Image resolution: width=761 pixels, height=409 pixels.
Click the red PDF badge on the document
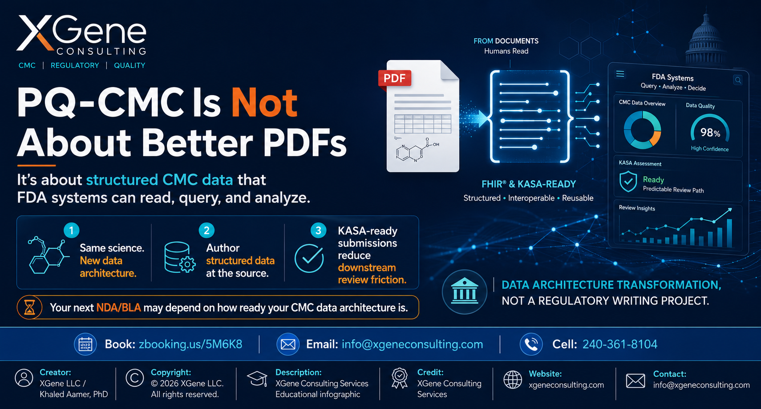(x=394, y=78)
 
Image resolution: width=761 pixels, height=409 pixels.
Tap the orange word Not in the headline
(x=264, y=103)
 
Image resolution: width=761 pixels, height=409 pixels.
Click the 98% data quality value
(x=710, y=132)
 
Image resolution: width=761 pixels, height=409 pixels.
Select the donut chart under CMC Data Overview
(x=642, y=130)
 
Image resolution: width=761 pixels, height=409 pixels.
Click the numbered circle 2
(x=206, y=231)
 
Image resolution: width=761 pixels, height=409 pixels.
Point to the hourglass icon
(x=29, y=308)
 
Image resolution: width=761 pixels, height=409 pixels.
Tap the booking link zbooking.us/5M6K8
(x=190, y=344)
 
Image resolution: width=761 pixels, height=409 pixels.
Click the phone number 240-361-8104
(x=619, y=344)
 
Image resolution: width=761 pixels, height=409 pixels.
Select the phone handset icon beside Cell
(x=531, y=344)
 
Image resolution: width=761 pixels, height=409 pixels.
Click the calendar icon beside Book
(x=85, y=344)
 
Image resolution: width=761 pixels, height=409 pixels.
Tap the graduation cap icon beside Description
(x=257, y=379)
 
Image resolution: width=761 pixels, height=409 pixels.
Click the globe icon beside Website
(x=513, y=380)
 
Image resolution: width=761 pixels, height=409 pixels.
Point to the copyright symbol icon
(x=134, y=378)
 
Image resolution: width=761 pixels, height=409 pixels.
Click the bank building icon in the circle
(x=465, y=292)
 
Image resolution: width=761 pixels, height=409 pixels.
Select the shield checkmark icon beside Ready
(x=628, y=182)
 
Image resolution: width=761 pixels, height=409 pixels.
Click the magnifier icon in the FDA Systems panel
(x=738, y=80)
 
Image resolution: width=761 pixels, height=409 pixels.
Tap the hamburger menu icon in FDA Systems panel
(x=620, y=74)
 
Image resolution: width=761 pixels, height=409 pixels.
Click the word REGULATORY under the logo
(x=75, y=65)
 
